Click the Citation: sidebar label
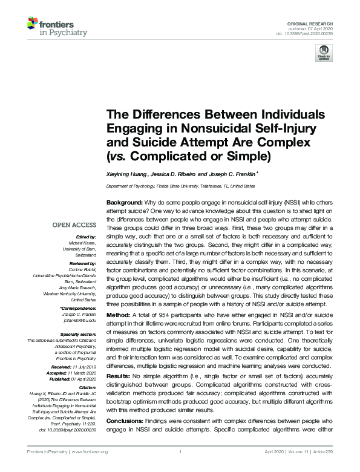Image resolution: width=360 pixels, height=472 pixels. click(87, 385)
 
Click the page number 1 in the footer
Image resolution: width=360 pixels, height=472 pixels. click(180, 452)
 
